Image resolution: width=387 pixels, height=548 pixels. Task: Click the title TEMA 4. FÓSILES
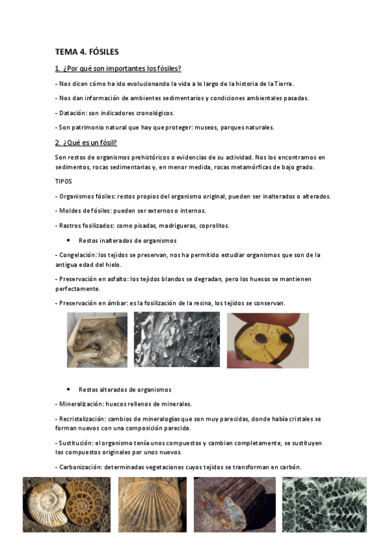coord(87,52)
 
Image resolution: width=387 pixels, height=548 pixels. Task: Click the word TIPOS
coord(63,182)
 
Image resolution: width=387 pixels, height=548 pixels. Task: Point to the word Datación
coord(73,112)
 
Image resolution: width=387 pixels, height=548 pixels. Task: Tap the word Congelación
coord(77,255)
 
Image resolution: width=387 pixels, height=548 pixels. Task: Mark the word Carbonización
coord(78,467)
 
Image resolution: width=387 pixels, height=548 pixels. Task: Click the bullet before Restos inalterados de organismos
coord(68,240)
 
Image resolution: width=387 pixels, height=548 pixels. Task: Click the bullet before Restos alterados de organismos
coord(68,390)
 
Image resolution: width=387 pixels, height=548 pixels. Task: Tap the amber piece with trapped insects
coord(267,340)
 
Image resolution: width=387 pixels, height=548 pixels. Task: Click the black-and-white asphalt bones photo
coord(176,340)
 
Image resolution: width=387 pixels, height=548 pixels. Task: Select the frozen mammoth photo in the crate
coord(97,340)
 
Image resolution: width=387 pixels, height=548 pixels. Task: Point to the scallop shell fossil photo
coord(152,505)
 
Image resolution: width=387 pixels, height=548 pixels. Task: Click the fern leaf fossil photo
coord(324,505)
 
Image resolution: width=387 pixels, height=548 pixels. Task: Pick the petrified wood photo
coord(234,505)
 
